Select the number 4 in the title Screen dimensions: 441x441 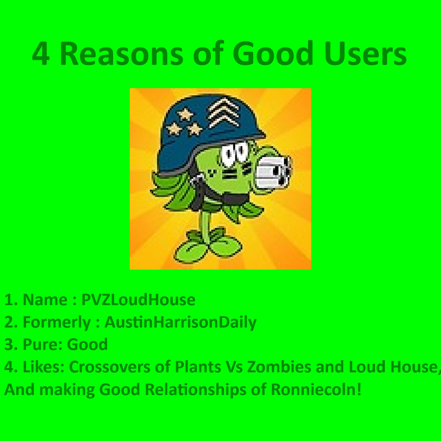pyautogui.click(x=41, y=54)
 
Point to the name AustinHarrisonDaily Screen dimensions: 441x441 pyautogui.click(x=181, y=322)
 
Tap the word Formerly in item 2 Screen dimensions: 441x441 pyautogui.click(x=57, y=322)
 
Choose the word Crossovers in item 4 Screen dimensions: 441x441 pyautogui.click(x=110, y=367)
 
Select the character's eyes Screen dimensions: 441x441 pyautogui.click(x=234, y=152)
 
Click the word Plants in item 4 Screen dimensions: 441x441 pyautogui.click(x=198, y=367)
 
